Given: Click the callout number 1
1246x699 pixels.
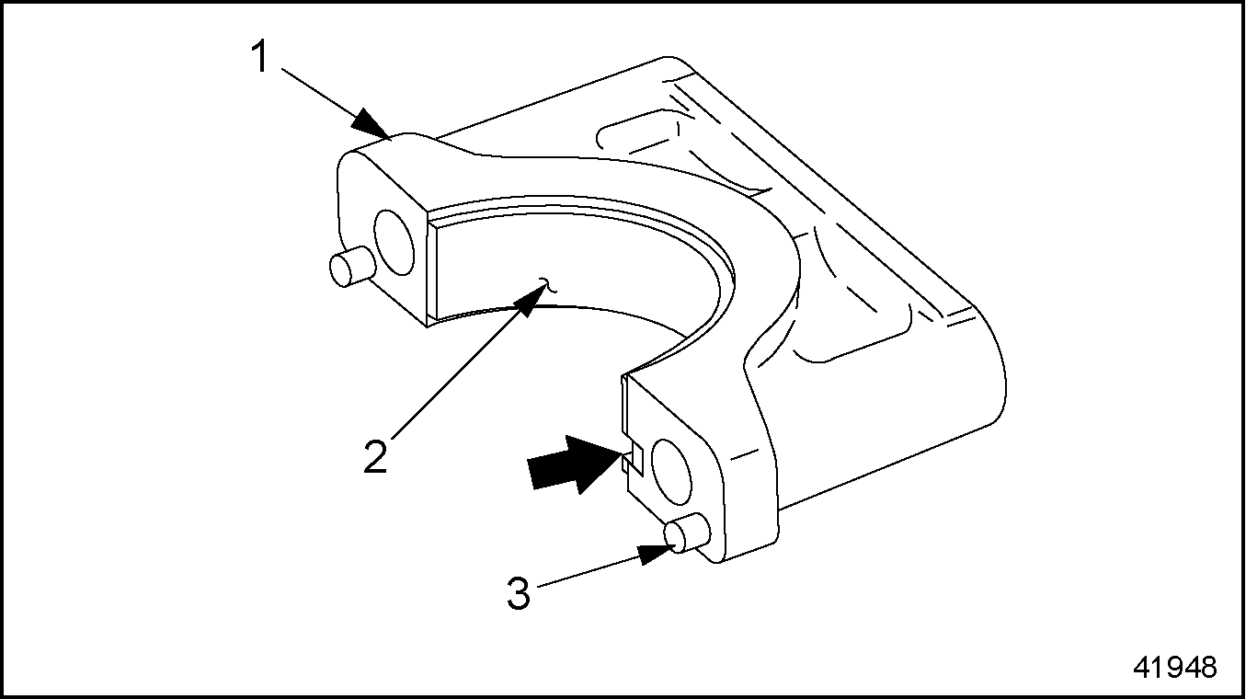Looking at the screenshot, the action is point(259,57).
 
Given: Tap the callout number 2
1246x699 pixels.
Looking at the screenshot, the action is point(375,457).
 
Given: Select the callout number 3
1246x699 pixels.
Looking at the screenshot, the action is point(519,593).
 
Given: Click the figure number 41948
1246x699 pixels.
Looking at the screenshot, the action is point(1175,668).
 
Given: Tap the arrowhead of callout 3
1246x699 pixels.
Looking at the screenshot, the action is point(657,553).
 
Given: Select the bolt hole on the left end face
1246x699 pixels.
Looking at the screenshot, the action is point(394,243).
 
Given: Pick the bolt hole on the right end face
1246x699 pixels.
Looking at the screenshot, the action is point(671,473).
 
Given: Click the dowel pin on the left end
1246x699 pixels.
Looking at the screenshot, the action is point(353,267).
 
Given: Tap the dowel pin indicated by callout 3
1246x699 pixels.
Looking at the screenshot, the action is point(686,535).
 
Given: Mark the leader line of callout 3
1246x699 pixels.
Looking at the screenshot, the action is point(588,571).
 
